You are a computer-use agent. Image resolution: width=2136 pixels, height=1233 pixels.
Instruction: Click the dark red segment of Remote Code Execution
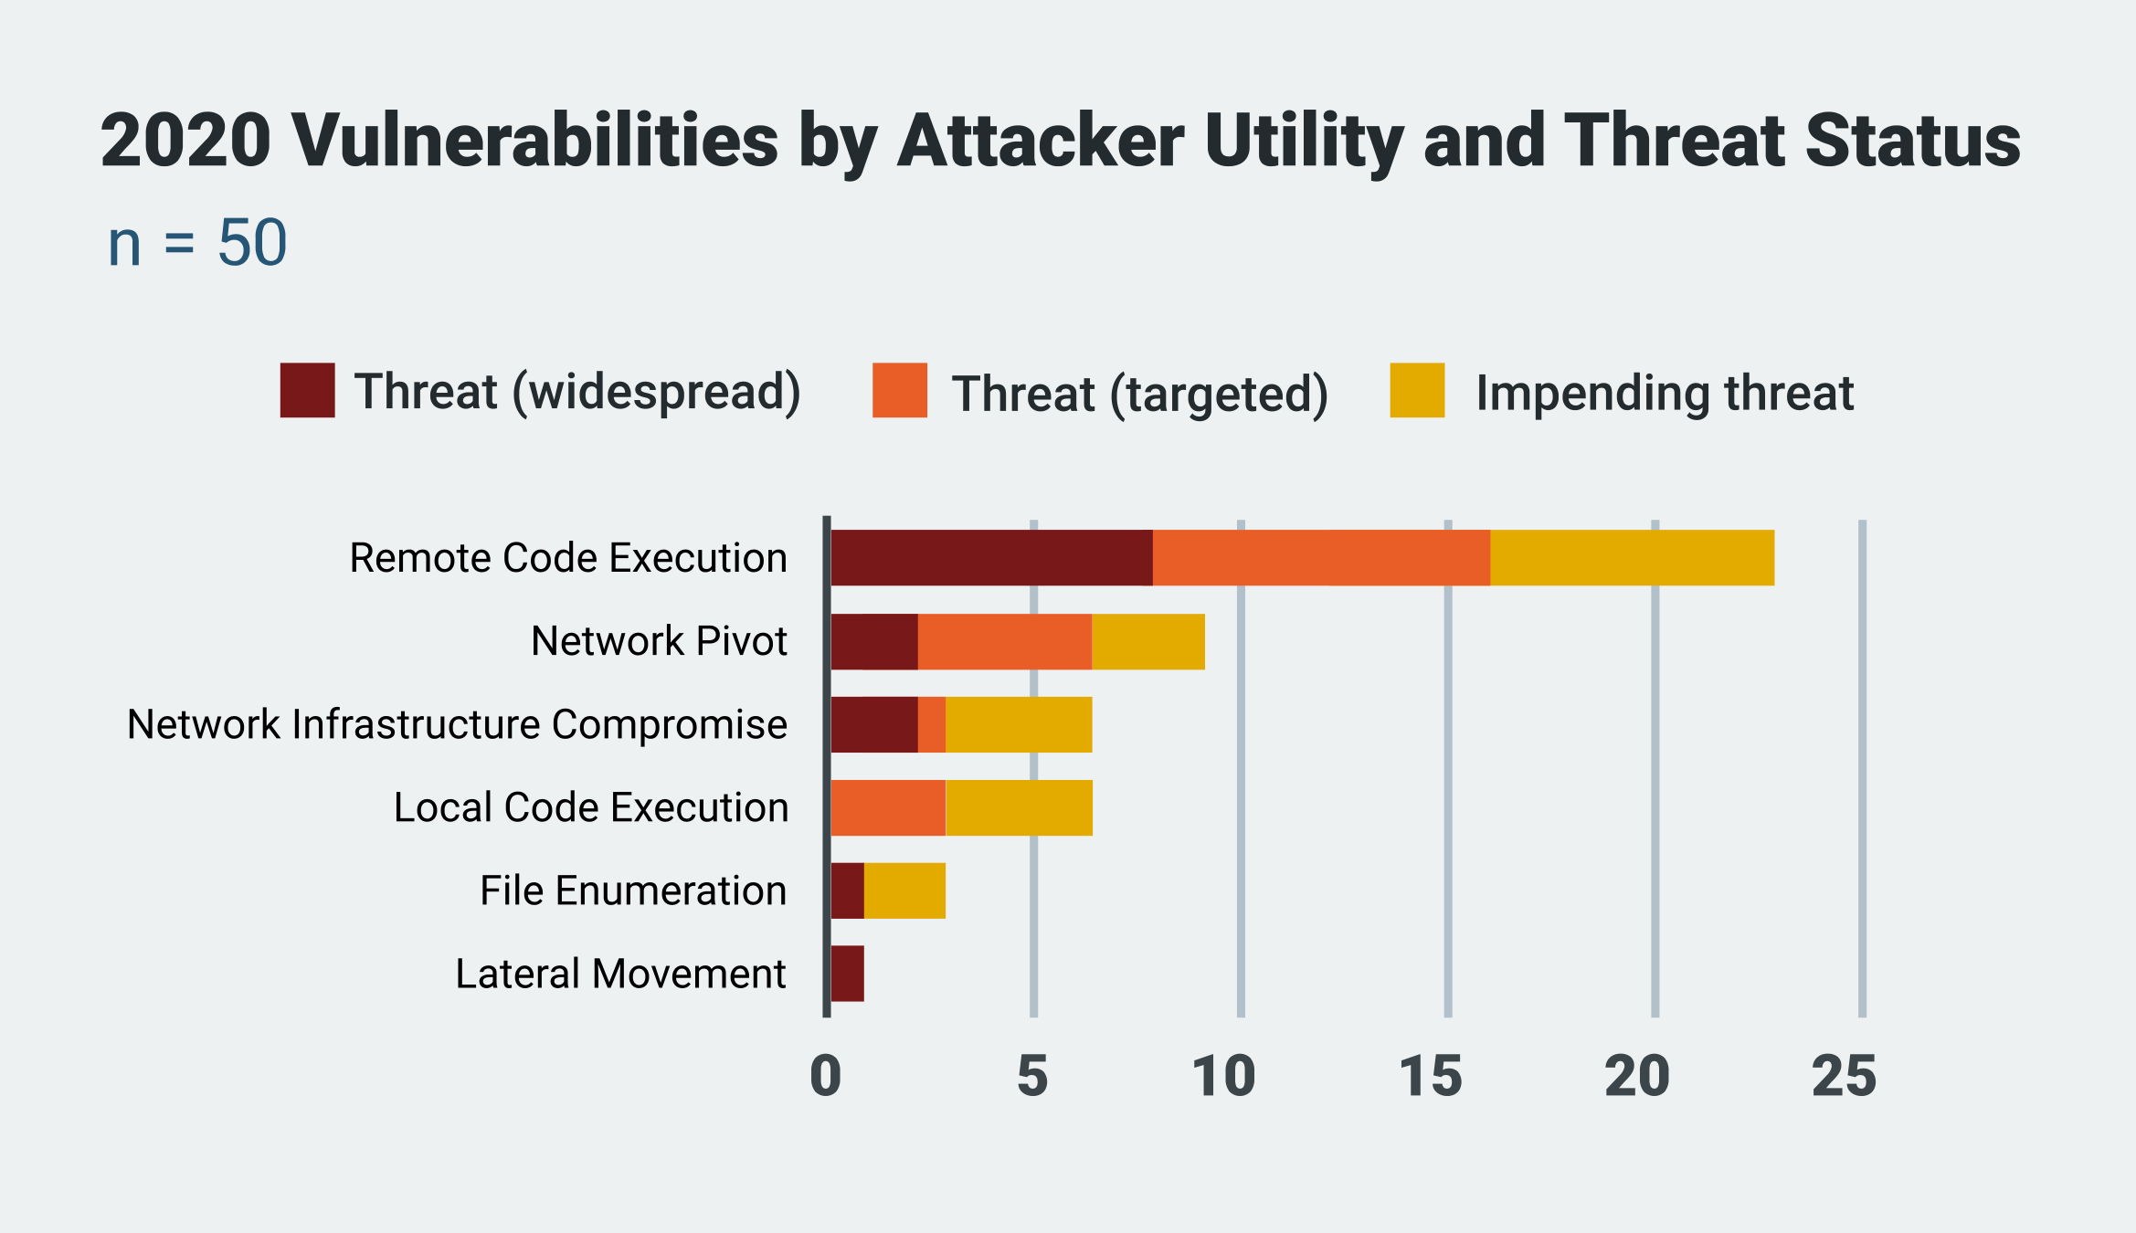pos(991,557)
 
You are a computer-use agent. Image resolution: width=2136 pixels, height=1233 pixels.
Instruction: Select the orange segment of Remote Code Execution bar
pos(1321,557)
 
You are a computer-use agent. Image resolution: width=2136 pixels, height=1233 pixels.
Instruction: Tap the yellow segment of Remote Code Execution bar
pos(1632,557)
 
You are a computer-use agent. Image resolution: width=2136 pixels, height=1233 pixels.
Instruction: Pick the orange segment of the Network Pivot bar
pos(1004,641)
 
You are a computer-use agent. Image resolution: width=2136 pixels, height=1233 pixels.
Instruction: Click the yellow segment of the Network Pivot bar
pos(1147,641)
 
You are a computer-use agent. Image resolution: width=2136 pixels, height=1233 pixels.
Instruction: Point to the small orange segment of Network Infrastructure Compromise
pos(931,724)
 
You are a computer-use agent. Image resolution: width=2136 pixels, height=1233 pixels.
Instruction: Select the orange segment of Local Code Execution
pos(887,807)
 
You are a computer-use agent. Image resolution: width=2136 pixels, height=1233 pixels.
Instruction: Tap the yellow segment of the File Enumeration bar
pos(904,890)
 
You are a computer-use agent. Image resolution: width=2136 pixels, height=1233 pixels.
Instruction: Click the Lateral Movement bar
pos(847,974)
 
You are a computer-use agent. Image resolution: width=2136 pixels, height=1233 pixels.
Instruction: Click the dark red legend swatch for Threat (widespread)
pos(307,390)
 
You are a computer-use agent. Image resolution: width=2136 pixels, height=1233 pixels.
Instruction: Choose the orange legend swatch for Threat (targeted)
pos(899,390)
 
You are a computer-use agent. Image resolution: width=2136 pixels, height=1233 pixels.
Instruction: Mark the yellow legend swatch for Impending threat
pos(1417,390)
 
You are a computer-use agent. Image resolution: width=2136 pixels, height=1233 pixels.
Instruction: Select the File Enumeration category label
pos(633,890)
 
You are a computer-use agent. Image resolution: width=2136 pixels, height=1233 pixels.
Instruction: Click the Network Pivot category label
pos(659,641)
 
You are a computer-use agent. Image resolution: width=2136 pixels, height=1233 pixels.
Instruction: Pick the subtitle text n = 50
pos(197,243)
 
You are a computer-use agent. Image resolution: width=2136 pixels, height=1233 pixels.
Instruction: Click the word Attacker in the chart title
pos(1041,141)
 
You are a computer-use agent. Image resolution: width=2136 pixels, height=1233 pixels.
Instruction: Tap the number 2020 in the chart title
pos(185,141)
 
